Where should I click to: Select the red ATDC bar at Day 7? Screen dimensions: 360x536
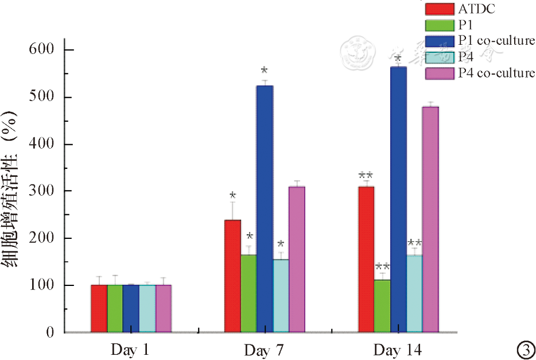tap(232, 276)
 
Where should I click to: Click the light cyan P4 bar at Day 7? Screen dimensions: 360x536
tap(281, 296)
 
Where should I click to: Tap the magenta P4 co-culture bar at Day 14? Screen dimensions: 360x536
tap(430, 219)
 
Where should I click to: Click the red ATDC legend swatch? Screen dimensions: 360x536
tap(440, 9)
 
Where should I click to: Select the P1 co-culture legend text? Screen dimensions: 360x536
tap(496, 41)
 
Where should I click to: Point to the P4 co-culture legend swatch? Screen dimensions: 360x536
tap(440, 73)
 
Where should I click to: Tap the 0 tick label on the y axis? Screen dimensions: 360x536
tap(51, 332)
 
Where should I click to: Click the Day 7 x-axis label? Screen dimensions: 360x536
tap(263, 350)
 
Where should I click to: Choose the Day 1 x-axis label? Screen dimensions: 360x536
tap(130, 350)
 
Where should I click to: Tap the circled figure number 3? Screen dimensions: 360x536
tap(525, 349)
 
